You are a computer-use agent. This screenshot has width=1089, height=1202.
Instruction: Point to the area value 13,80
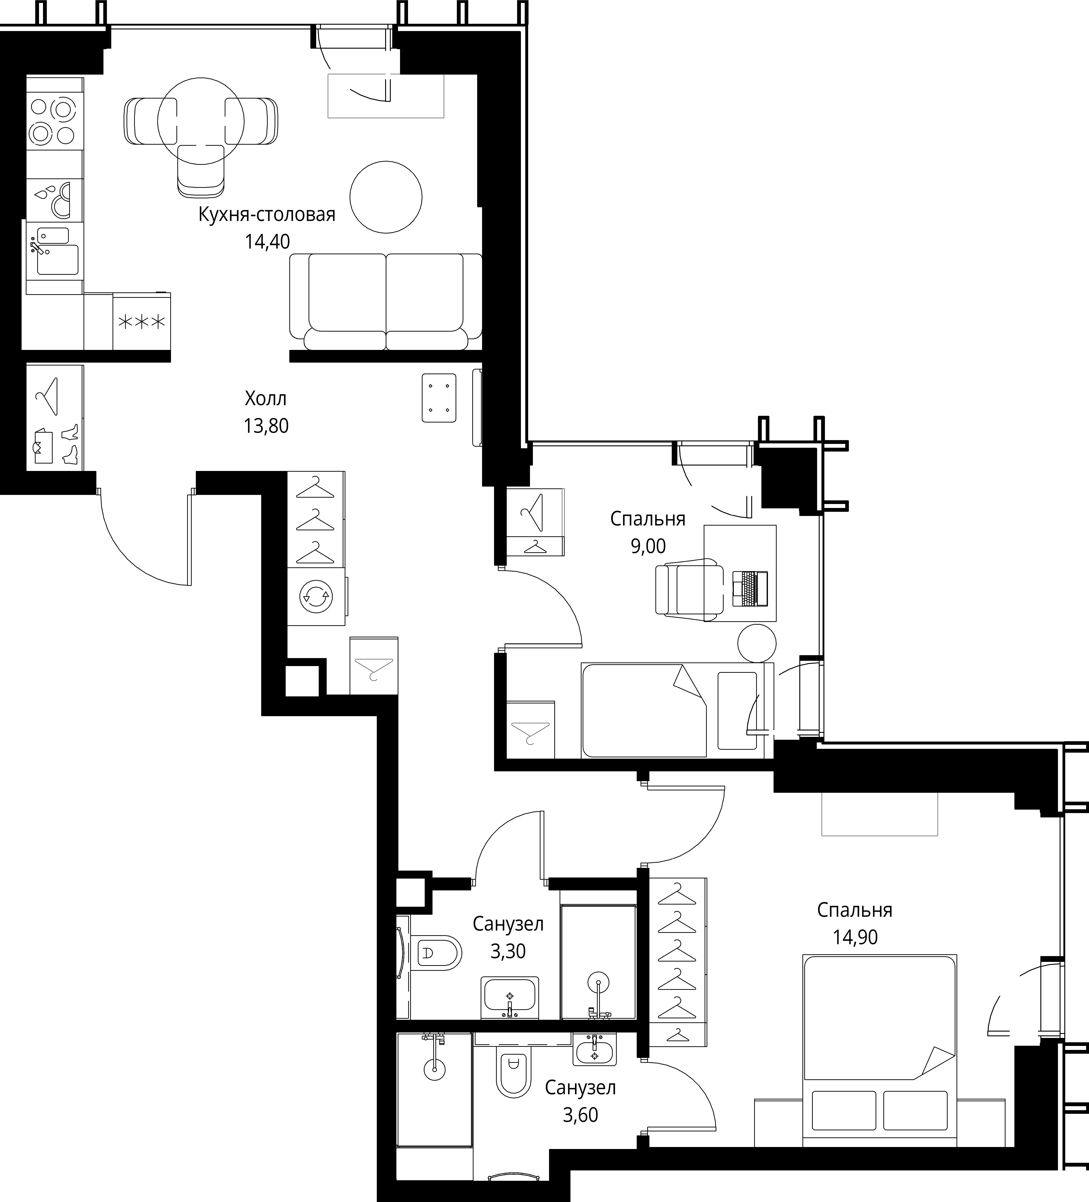coord(266,426)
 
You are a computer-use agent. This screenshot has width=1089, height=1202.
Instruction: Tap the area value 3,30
coord(508,951)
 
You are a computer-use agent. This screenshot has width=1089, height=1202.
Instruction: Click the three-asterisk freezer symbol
coord(142,322)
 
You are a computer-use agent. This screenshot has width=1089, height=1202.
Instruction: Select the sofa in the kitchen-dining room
coord(386,301)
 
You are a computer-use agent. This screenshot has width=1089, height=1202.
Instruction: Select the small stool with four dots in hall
coord(439,398)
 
